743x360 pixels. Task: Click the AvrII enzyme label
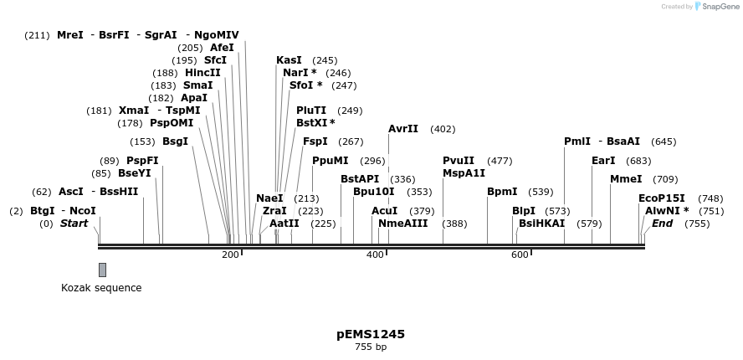(x=403, y=129)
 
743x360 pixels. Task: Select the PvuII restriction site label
(x=459, y=161)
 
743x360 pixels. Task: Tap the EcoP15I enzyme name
(x=661, y=198)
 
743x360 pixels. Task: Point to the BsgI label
(x=175, y=141)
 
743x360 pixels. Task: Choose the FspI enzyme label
(x=315, y=141)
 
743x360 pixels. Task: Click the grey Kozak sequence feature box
(x=102, y=270)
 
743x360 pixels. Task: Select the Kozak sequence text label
(x=101, y=288)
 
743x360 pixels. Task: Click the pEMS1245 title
(x=371, y=334)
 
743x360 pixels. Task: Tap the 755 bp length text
(x=371, y=347)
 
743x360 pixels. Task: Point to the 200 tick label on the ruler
(x=230, y=255)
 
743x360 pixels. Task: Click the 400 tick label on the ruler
(x=375, y=255)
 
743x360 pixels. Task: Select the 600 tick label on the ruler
(x=520, y=255)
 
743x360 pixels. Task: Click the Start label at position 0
(x=74, y=224)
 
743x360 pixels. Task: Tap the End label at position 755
(x=662, y=224)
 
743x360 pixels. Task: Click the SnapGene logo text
(x=720, y=7)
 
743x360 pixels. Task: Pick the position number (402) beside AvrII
(x=443, y=129)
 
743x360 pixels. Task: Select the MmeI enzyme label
(x=626, y=179)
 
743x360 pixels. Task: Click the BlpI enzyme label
(x=524, y=211)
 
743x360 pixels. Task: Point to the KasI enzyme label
(x=289, y=60)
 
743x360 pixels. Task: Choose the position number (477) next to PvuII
(x=500, y=161)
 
